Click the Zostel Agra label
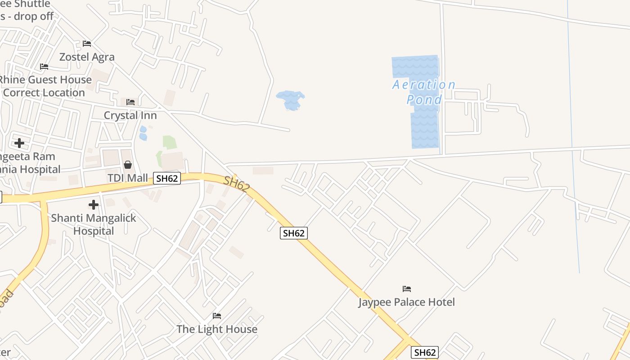pyautogui.click(x=87, y=57)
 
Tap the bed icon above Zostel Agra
pyautogui.click(x=87, y=44)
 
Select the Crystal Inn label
pyautogui.click(x=130, y=115)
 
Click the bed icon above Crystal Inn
pyautogui.click(x=130, y=102)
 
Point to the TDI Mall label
pyautogui.click(x=128, y=178)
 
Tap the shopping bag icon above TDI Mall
pyautogui.click(x=128, y=165)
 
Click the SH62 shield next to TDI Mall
pyautogui.click(x=167, y=178)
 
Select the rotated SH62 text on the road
pyautogui.click(x=236, y=184)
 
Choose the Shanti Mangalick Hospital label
pyautogui.click(x=93, y=224)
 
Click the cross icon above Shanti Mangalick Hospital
pyautogui.click(x=93, y=205)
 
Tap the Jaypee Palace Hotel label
pyautogui.click(x=406, y=302)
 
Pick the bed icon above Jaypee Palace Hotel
pyautogui.click(x=407, y=288)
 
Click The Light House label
pyautogui.click(x=217, y=329)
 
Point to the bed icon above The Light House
pyautogui.click(x=217, y=315)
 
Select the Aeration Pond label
pyautogui.click(x=424, y=92)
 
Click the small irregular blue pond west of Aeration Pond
pyautogui.click(x=291, y=99)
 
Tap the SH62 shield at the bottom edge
pyautogui.click(x=424, y=352)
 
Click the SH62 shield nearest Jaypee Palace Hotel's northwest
pyautogui.click(x=294, y=233)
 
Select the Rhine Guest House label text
pyautogui.click(x=45, y=80)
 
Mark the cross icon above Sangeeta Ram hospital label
pyautogui.click(x=19, y=143)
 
